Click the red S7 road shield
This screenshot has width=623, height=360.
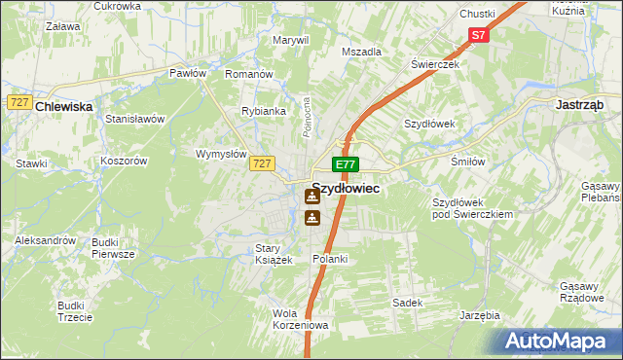(x=478, y=35)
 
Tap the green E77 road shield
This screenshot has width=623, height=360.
(x=346, y=164)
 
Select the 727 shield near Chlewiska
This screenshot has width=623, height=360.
(x=18, y=102)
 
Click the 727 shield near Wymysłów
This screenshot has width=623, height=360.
(x=260, y=164)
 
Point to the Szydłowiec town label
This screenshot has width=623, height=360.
(x=346, y=192)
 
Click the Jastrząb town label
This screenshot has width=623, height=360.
(x=581, y=103)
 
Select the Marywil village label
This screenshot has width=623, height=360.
(x=290, y=40)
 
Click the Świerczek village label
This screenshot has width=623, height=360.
(x=434, y=63)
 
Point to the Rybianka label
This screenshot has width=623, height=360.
(x=264, y=111)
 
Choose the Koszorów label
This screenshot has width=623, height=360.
(x=123, y=161)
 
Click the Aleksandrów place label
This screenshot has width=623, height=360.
(x=45, y=239)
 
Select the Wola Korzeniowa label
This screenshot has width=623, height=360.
(x=302, y=319)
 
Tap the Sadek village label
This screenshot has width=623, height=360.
(x=407, y=303)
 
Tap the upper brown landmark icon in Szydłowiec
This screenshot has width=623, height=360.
(x=311, y=196)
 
